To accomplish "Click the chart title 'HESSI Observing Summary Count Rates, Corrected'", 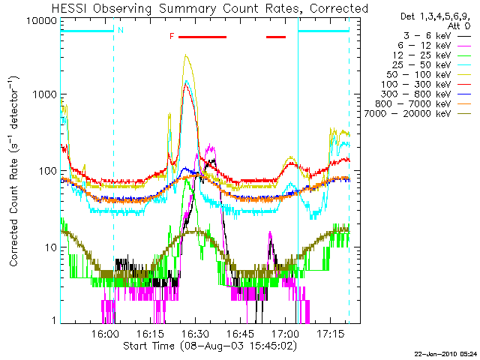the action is click(210, 8).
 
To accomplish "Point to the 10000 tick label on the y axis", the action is click(42, 21).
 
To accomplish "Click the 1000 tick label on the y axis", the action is click(45, 94).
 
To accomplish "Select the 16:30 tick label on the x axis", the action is click(195, 334).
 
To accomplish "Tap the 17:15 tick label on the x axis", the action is click(331, 334).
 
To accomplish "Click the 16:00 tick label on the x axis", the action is click(105, 334).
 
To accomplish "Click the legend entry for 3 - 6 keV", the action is click(437, 36).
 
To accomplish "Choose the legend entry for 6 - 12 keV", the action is click(434, 46).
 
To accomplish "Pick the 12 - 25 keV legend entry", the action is click(432, 55).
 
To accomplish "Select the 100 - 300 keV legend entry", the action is click(426, 85).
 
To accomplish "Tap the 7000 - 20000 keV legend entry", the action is click(418, 114).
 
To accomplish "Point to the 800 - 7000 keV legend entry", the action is click(423, 104).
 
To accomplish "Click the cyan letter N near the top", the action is click(121, 30).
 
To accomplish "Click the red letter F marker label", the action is click(172, 37).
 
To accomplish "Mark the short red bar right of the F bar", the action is click(276, 37).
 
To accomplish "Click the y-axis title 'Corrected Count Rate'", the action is click(13, 171).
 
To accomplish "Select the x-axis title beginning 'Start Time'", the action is click(210, 346).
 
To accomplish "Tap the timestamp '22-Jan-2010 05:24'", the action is click(445, 354).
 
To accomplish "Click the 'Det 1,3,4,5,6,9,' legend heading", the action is click(435, 16).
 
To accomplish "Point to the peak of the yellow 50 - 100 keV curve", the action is click(186, 55).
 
